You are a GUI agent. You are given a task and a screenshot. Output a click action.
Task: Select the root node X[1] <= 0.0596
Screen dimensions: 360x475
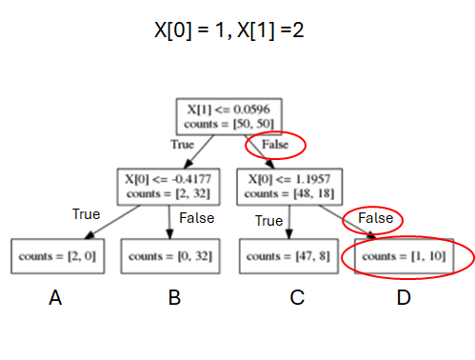point(228,115)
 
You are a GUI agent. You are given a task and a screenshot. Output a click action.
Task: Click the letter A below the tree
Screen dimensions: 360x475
point(55,298)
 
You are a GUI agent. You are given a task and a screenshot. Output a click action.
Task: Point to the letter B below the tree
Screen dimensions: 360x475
point(174,298)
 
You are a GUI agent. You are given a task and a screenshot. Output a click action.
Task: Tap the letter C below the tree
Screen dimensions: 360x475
point(297,298)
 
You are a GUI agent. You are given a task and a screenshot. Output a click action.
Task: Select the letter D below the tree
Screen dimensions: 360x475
point(404,298)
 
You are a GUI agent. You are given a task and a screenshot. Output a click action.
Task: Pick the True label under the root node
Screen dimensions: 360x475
point(182,145)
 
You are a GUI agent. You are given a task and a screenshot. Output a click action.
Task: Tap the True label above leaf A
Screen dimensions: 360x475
point(87,214)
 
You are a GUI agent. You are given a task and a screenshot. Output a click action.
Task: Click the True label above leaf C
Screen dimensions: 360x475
point(269,221)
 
